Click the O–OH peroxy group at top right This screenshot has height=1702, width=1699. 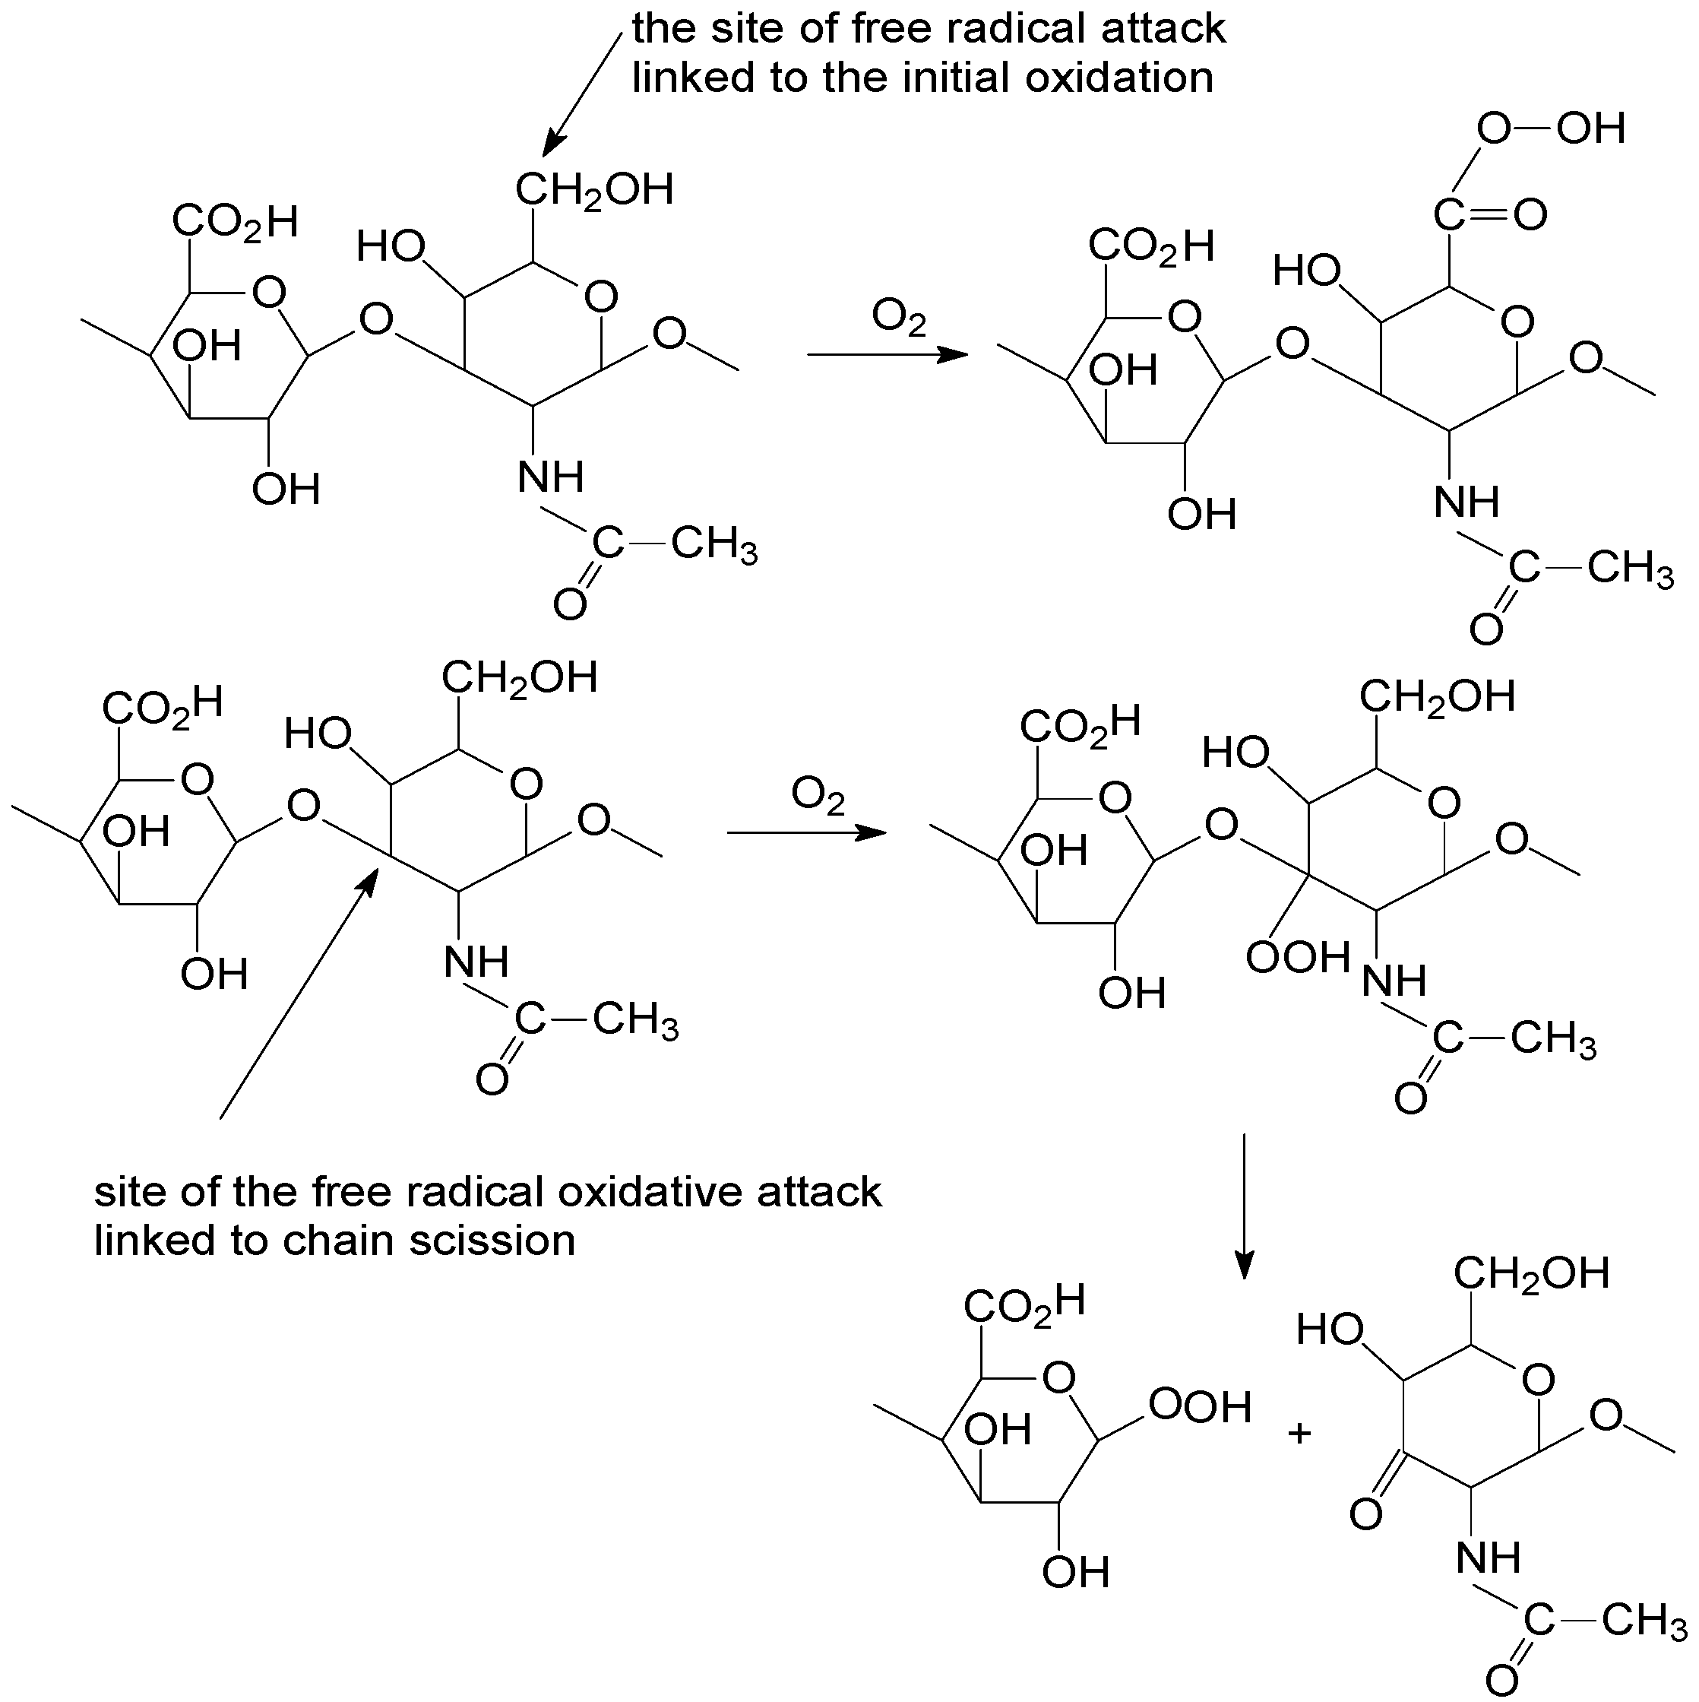(x=1550, y=129)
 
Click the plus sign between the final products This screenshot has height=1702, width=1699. (x=1299, y=1434)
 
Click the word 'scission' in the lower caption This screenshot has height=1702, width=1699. (x=492, y=1241)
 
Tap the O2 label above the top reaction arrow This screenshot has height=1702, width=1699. (x=899, y=317)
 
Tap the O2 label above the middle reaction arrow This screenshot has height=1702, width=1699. (x=818, y=795)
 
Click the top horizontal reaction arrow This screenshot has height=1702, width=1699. (x=887, y=355)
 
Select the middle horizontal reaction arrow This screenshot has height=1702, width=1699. (x=806, y=832)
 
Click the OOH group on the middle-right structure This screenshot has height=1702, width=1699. (x=1297, y=958)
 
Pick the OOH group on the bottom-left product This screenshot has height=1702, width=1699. (x=1200, y=1407)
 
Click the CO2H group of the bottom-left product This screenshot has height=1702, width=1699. (x=1024, y=1304)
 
